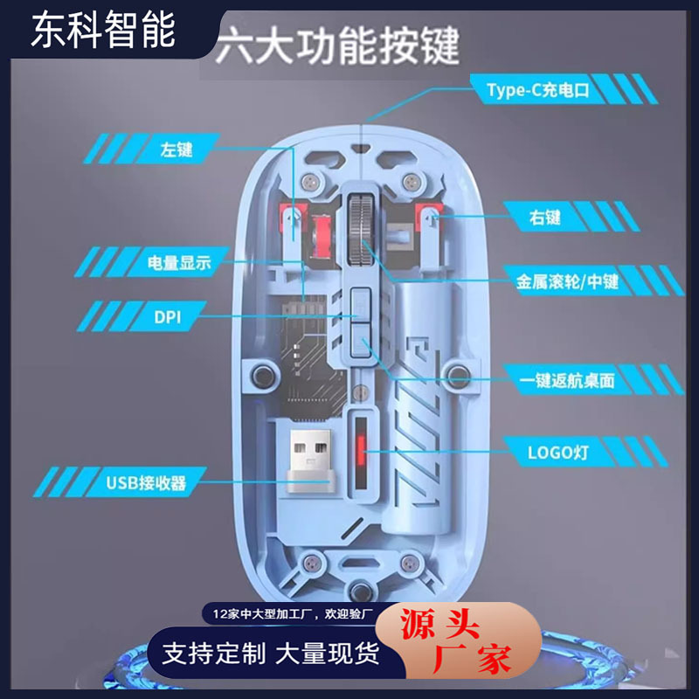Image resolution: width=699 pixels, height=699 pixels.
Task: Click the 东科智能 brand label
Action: pyautogui.click(x=103, y=31)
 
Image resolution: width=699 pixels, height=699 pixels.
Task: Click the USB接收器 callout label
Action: pyautogui.click(x=145, y=481)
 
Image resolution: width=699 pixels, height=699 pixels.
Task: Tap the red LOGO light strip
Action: pyautogui.click(x=359, y=453)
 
